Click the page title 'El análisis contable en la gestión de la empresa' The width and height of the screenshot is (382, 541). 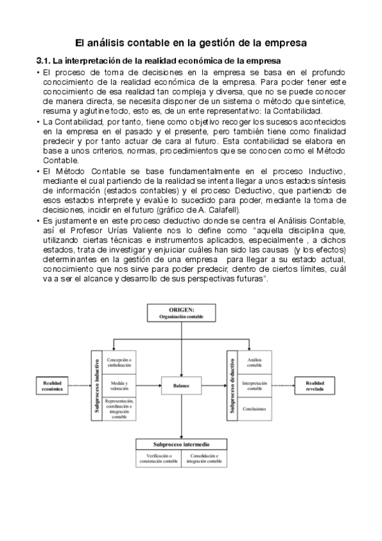[191, 43]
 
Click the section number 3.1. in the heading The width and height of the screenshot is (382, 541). [43, 61]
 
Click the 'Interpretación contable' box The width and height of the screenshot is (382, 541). [254, 385]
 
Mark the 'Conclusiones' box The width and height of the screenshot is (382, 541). [254, 408]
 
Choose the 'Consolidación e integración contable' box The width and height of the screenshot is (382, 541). [205, 458]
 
